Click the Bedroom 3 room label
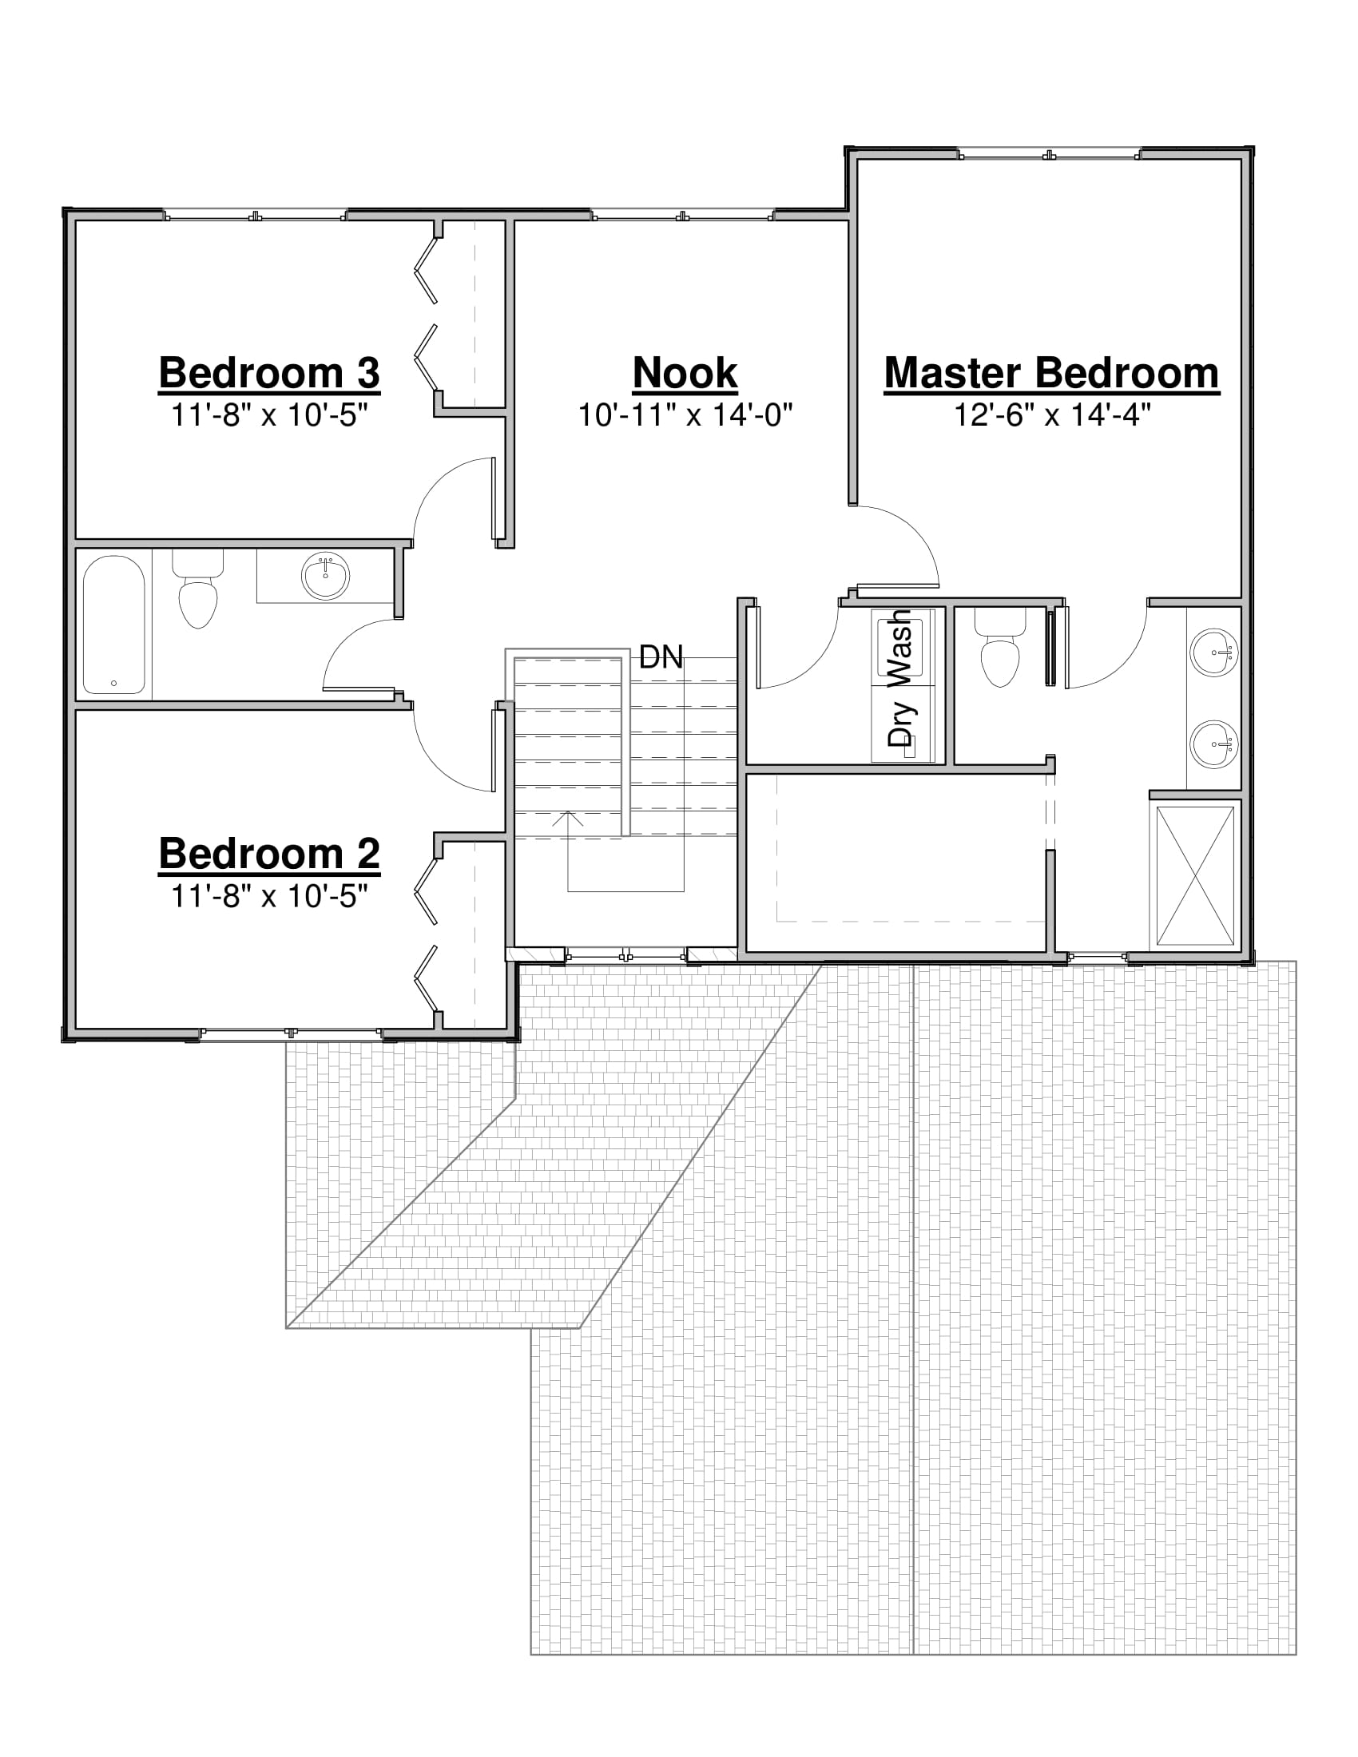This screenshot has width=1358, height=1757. point(269,373)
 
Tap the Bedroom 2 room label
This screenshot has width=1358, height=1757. point(269,855)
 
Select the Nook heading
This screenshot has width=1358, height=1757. point(685,373)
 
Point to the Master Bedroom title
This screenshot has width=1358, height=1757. point(1051,373)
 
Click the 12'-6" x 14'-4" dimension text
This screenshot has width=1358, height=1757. point(1052,415)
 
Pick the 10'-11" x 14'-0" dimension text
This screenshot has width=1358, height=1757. point(685,415)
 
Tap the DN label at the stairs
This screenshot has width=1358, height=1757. point(661,658)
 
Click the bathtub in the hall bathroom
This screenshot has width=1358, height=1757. point(114,625)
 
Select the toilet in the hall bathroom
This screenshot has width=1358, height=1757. point(197,589)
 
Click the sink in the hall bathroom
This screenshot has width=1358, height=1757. point(325,574)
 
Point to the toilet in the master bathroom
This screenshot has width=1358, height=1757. point(1000,648)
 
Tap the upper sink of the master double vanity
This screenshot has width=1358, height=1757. point(1215,652)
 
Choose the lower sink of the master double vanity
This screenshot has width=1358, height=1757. point(1215,745)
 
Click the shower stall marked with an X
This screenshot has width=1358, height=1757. point(1196,875)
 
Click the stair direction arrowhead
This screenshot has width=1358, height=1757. point(569,818)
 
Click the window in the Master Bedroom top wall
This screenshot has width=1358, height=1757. point(1050,154)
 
